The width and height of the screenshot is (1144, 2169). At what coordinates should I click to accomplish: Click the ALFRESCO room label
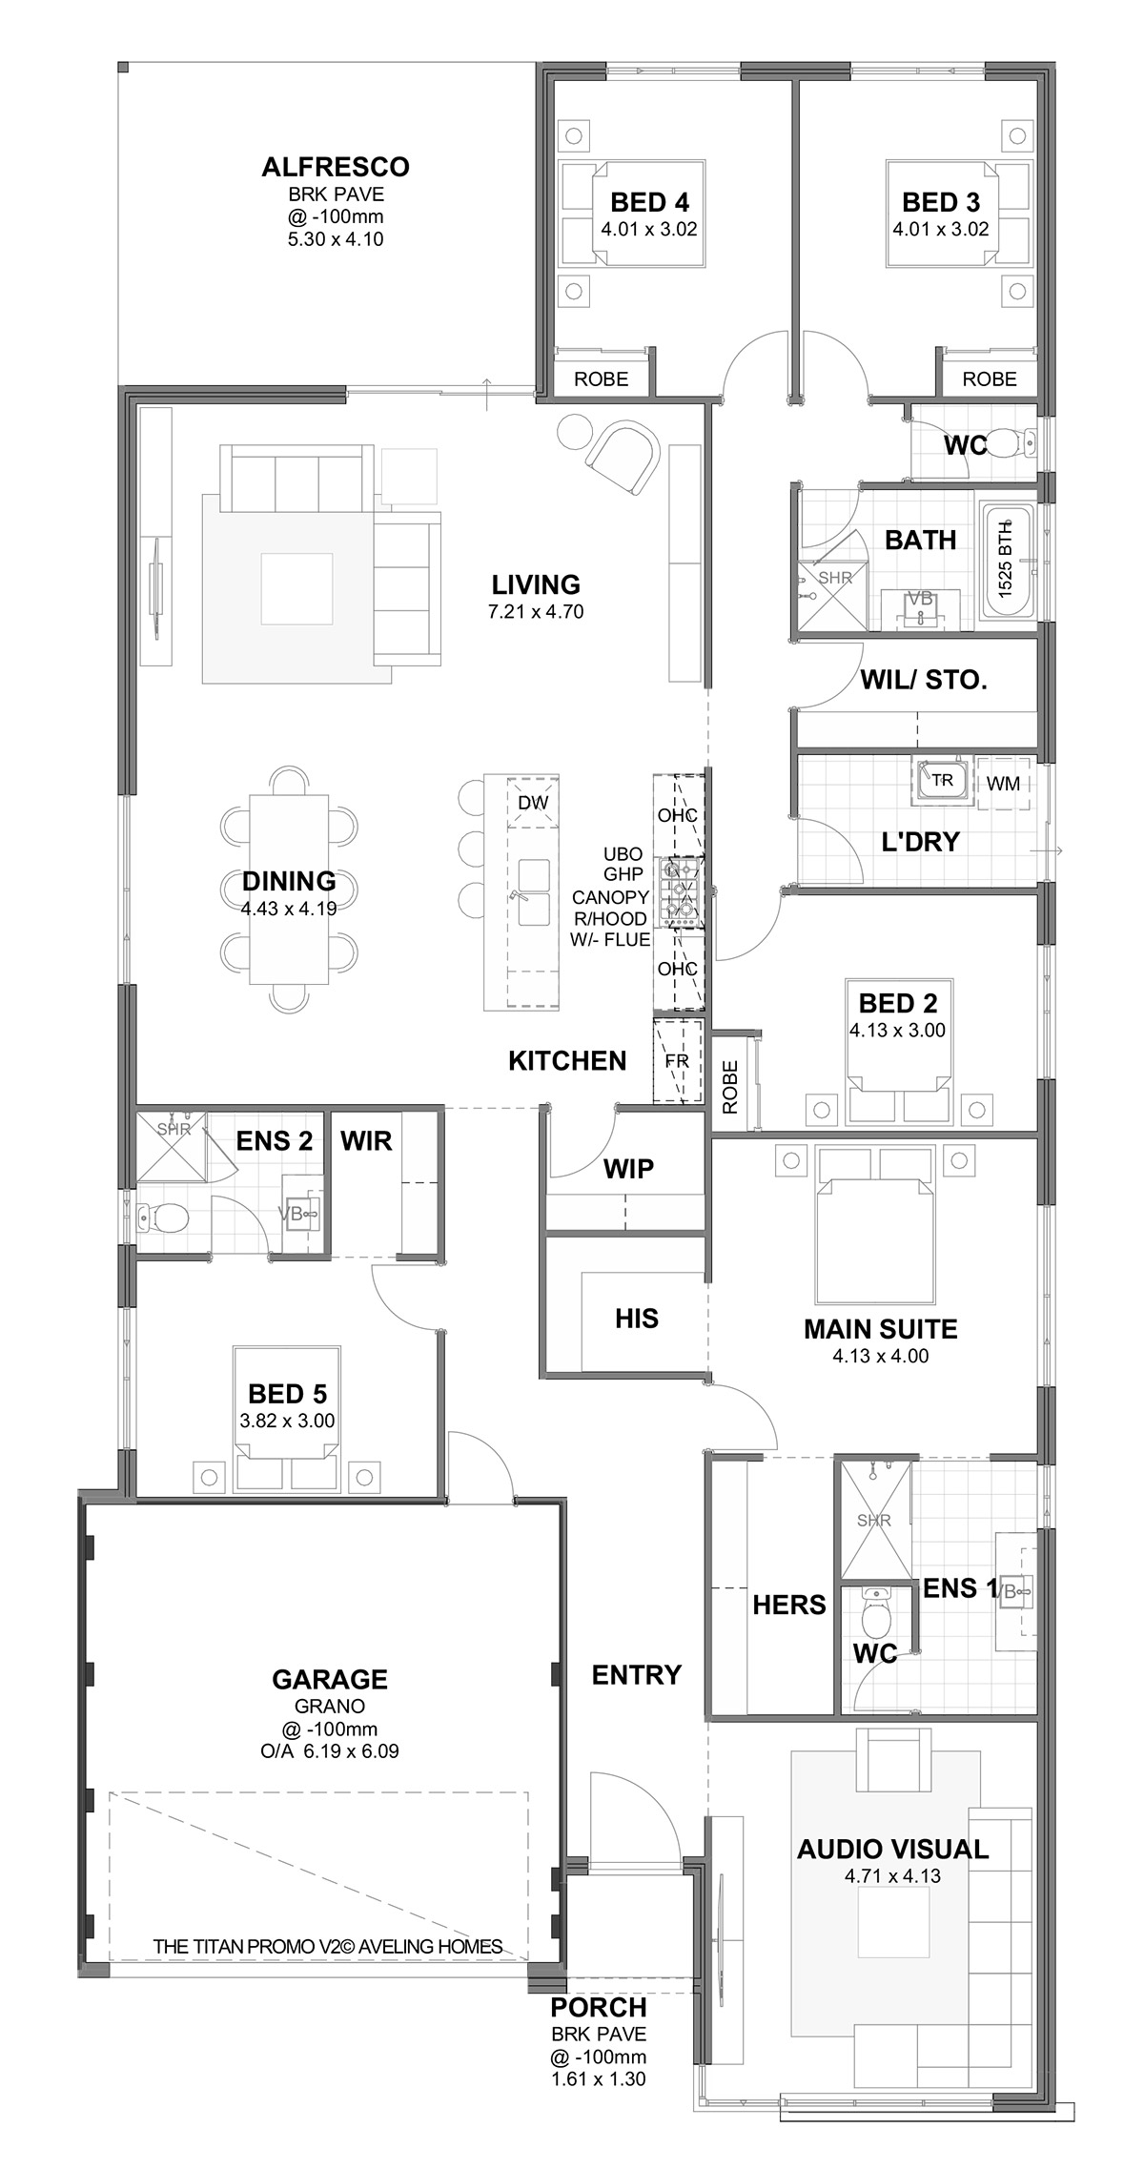(x=336, y=167)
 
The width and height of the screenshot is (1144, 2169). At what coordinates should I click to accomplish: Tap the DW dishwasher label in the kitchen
(x=534, y=803)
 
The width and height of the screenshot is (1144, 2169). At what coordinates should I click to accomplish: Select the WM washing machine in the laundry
(x=1003, y=784)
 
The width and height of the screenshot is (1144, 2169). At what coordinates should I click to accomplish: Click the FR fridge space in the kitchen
(x=677, y=1061)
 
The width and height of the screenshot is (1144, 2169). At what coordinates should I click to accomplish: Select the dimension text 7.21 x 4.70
(x=536, y=612)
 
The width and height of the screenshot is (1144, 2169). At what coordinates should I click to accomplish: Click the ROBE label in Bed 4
(x=602, y=379)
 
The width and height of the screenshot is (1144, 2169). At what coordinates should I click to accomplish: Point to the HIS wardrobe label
(x=637, y=1319)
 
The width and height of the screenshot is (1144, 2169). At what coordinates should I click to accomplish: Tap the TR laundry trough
(x=941, y=781)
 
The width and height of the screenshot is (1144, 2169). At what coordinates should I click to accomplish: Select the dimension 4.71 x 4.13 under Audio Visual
(x=893, y=1875)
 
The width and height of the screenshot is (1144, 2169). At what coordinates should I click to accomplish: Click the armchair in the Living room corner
(x=623, y=458)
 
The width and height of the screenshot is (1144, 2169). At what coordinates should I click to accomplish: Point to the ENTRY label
(x=637, y=1674)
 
